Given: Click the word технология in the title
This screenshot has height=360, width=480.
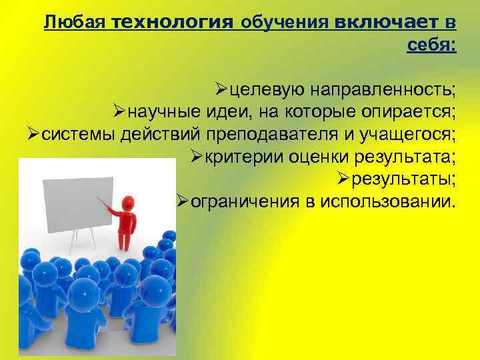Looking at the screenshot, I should pyautogui.click(x=173, y=23).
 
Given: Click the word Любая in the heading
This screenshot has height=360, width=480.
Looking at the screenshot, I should pyautogui.click(x=75, y=23).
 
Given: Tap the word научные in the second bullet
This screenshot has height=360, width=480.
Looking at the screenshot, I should pyautogui.click(x=159, y=111).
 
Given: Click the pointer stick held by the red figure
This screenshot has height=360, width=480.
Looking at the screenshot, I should pyautogui.click(x=104, y=203).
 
